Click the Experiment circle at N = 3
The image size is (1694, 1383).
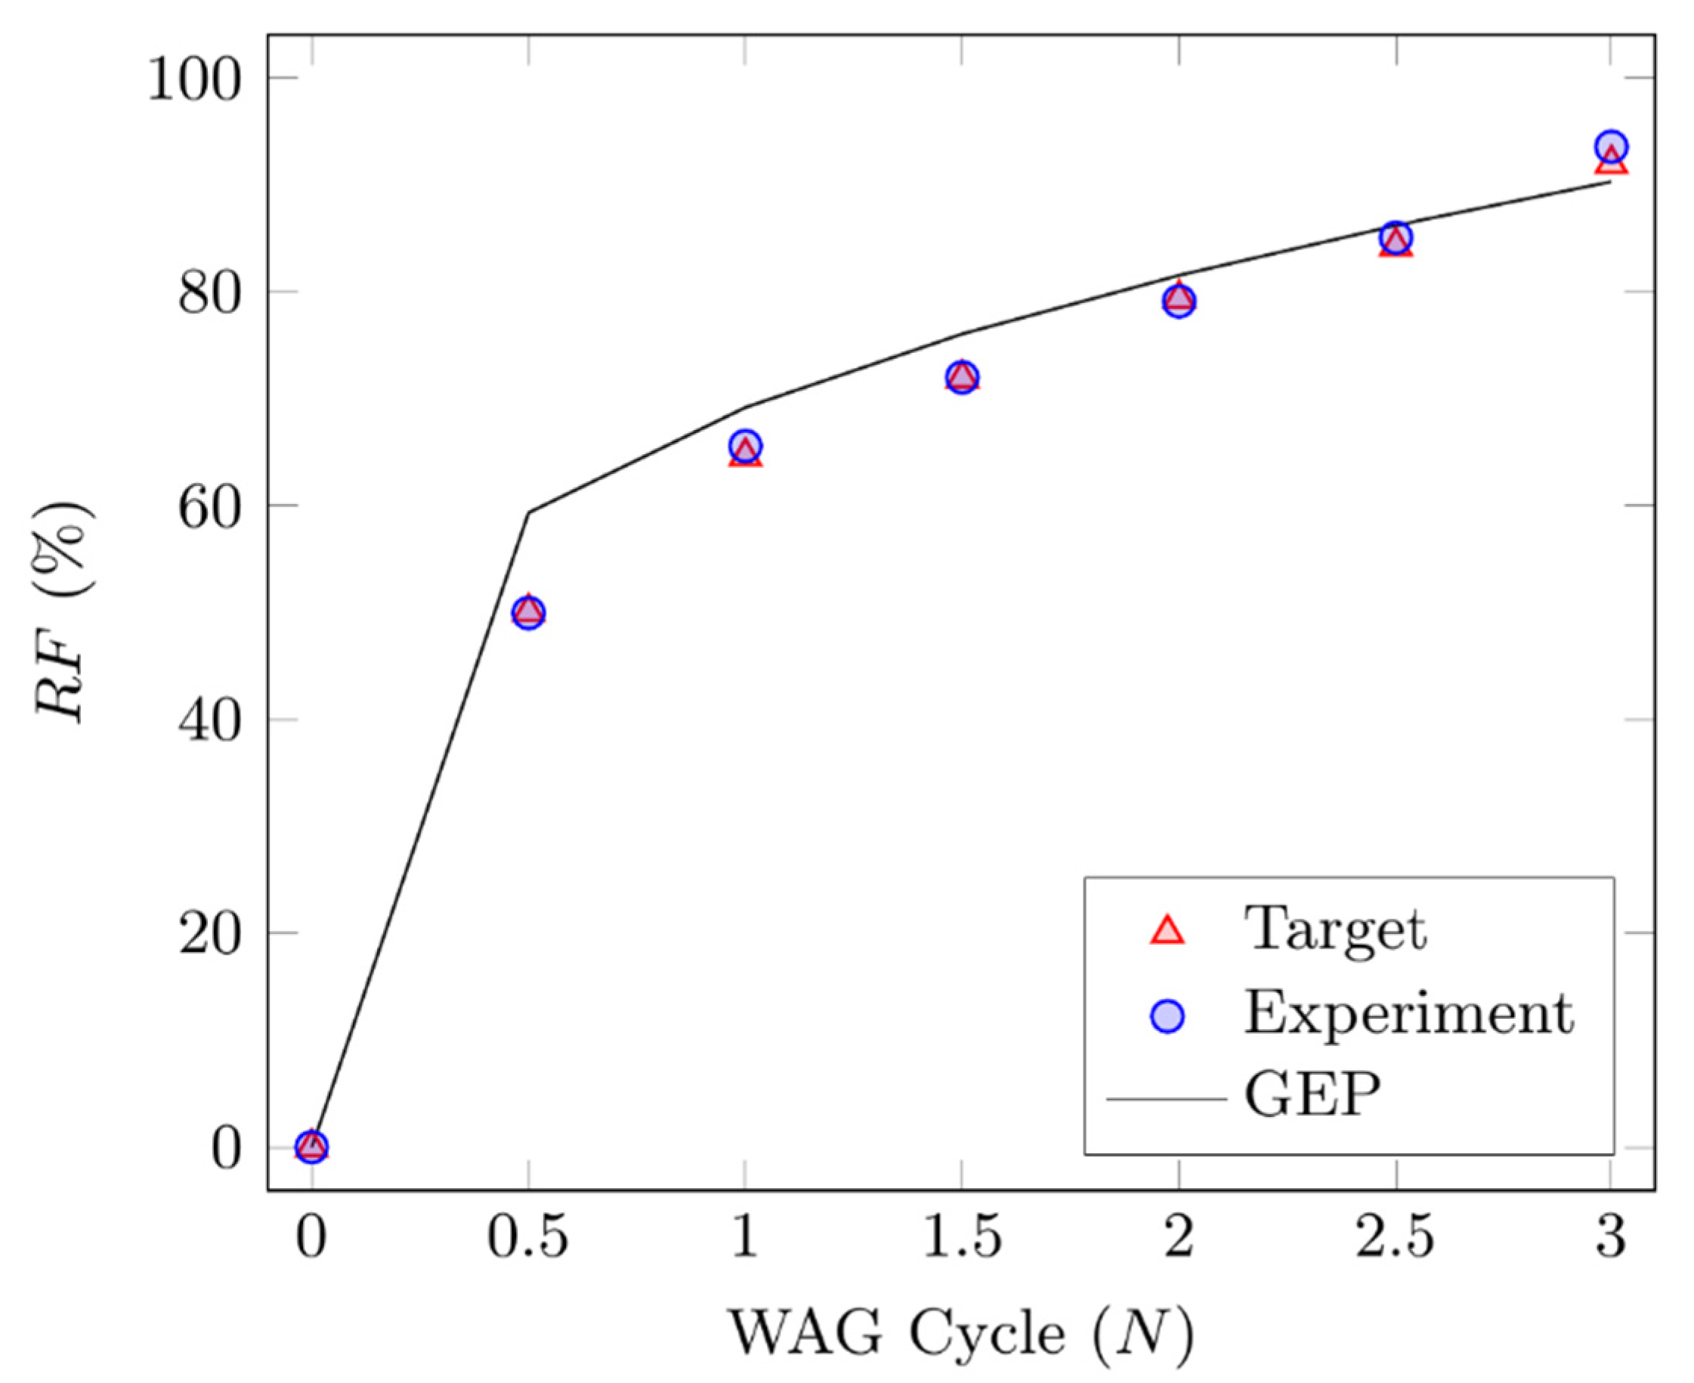pos(1610,147)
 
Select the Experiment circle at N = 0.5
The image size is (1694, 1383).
pos(529,613)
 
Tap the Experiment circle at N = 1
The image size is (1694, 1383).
pos(745,445)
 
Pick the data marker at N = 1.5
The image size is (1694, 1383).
pos(962,377)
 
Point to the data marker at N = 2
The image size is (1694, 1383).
pos(1179,300)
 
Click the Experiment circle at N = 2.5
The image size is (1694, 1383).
pos(1396,237)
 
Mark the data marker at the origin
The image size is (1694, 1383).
pos(311,1146)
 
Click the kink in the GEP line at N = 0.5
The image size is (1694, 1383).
pos(529,512)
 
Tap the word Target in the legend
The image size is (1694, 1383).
pos(1336,930)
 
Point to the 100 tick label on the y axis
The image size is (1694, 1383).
pos(193,79)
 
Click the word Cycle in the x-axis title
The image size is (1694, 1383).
pos(988,1334)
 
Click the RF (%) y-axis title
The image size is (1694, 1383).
pos(63,612)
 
